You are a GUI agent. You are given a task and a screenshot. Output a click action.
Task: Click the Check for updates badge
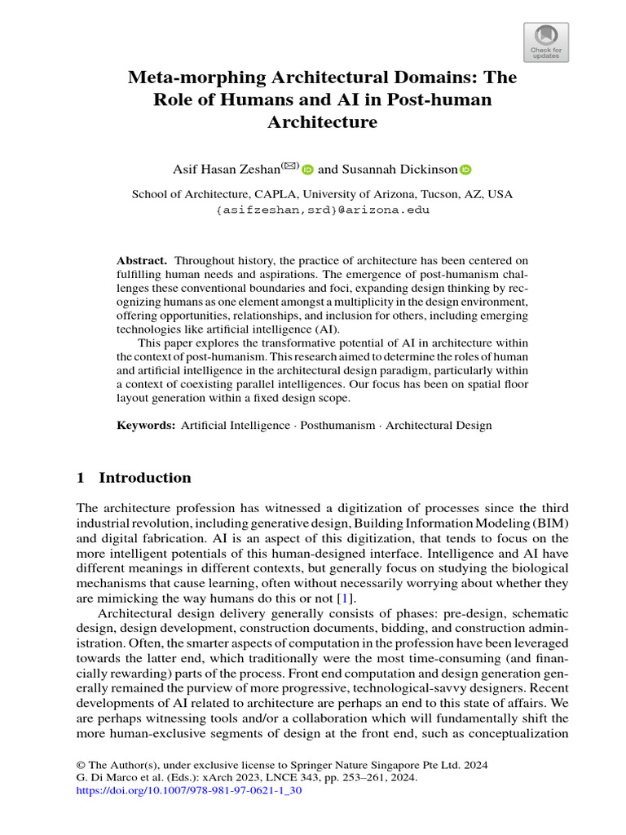545,42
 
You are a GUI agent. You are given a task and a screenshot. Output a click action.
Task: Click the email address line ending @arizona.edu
323,210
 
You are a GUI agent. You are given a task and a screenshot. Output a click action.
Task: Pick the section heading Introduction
145,478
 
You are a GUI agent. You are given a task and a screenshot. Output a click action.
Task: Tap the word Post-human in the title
447,100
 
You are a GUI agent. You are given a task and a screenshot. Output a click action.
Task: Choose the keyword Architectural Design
439,425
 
